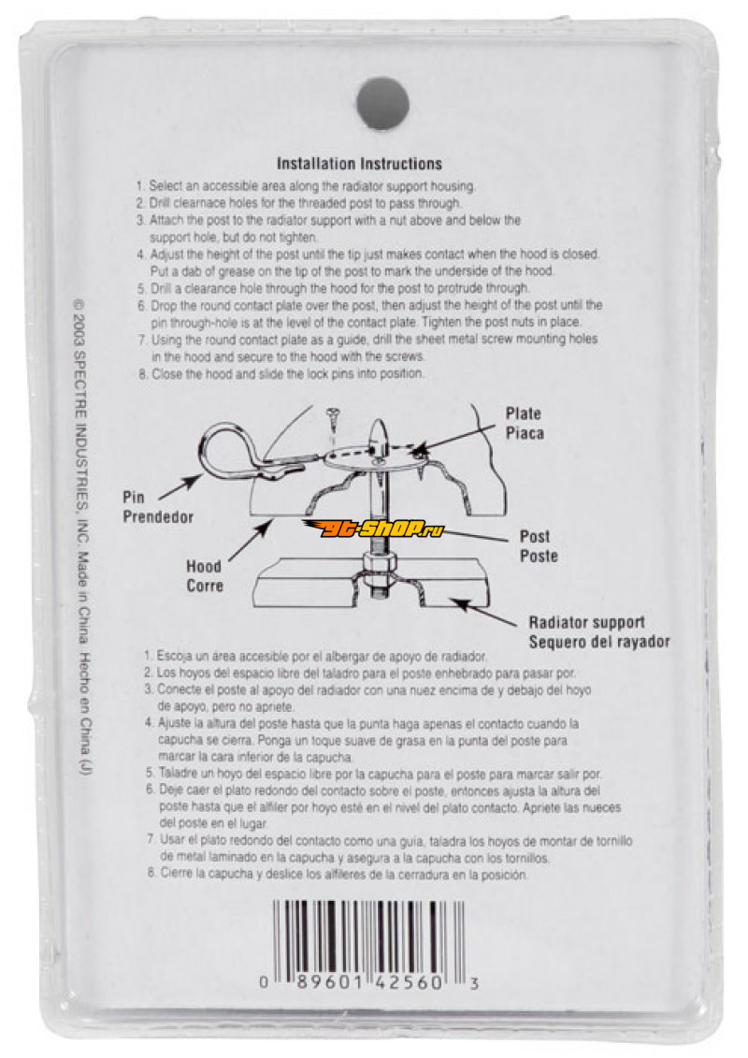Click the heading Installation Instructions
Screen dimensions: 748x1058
click(359, 164)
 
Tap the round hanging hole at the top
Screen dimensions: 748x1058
click(382, 103)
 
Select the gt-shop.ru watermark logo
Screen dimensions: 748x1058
click(373, 529)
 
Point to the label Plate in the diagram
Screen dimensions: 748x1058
click(524, 413)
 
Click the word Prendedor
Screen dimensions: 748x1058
click(158, 517)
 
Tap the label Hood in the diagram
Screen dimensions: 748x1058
click(204, 566)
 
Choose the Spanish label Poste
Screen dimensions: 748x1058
click(539, 556)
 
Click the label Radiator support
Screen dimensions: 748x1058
click(587, 622)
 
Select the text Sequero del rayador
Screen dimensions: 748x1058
click(599, 642)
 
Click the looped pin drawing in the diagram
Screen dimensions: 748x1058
click(229, 450)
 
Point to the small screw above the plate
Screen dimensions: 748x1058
click(333, 423)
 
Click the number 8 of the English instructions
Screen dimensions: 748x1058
click(142, 374)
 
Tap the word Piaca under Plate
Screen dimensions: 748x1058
click(525, 433)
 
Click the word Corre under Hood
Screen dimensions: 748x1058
click(205, 586)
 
